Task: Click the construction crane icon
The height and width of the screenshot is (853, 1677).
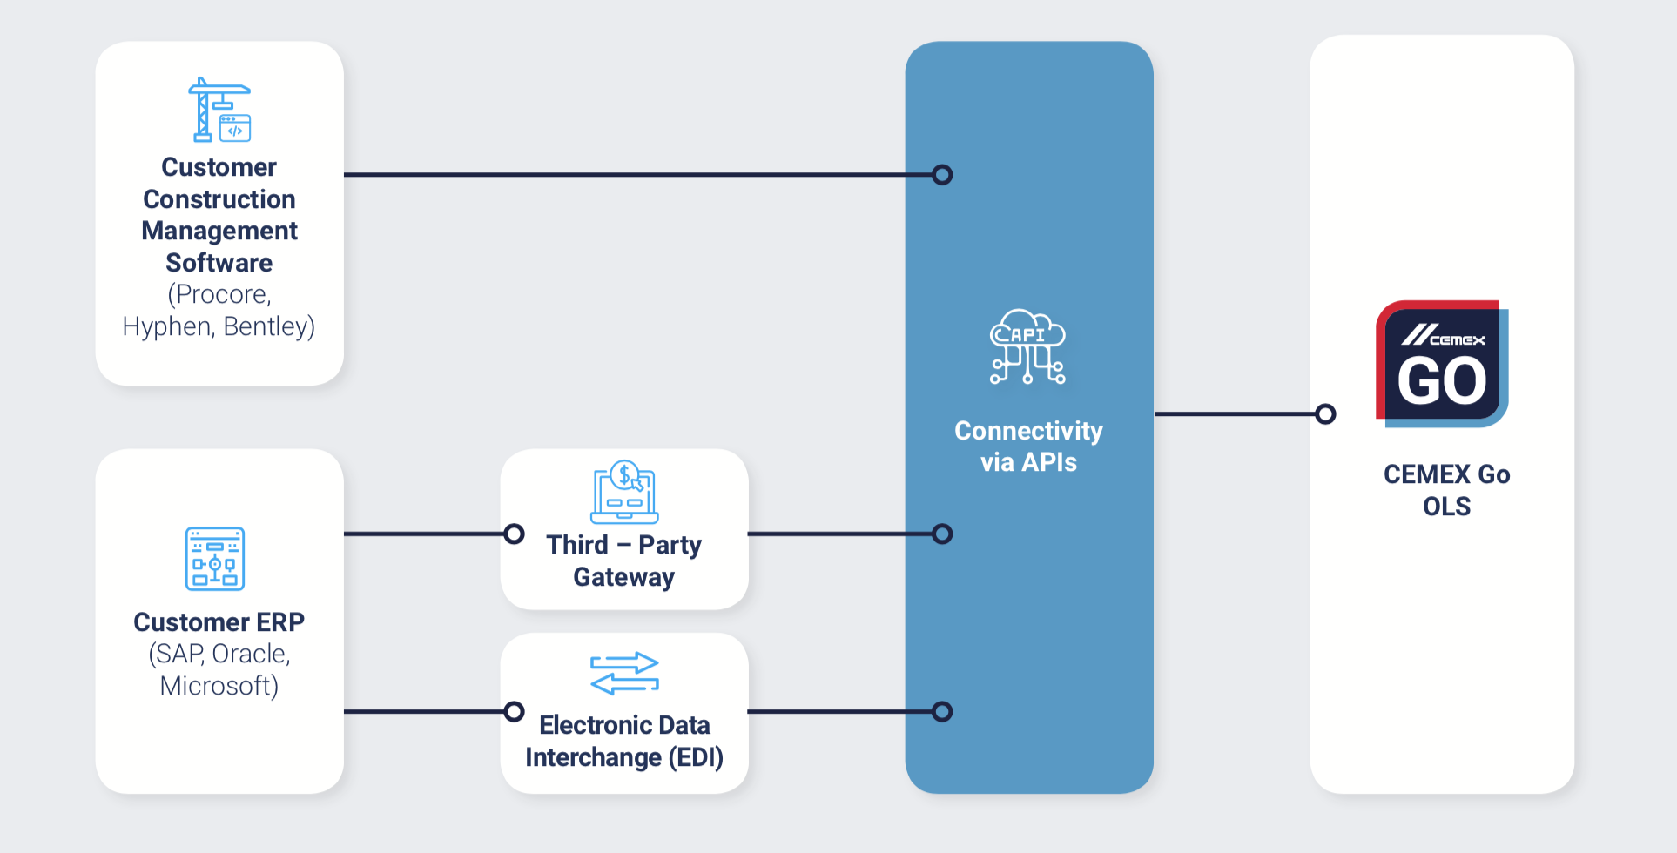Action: tap(219, 110)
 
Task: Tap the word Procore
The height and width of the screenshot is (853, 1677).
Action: tap(223, 294)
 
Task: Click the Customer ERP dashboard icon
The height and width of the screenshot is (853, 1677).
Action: tap(215, 558)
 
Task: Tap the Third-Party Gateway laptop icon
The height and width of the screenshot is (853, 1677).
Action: tap(624, 492)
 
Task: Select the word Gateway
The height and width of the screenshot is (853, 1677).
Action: tap(623, 577)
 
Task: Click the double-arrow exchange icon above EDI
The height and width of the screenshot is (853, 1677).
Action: tap(624, 674)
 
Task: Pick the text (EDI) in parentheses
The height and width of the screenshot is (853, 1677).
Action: tap(696, 757)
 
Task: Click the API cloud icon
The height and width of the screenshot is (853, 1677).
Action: tap(1027, 346)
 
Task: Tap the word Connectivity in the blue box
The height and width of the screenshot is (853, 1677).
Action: tap(1028, 431)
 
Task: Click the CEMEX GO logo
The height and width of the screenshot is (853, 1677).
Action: tap(1442, 364)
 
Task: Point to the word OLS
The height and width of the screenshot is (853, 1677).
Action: tap(1446, 507)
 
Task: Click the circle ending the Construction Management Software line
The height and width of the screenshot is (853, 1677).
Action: tap(942, 175)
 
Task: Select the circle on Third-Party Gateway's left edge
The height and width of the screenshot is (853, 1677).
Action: tap(515, 534)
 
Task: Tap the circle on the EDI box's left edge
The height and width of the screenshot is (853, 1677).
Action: tap(515, 712)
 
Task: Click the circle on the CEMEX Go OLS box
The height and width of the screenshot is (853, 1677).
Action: tap(1325, 414)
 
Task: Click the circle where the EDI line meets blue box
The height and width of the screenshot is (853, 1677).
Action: tap(942, 712)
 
